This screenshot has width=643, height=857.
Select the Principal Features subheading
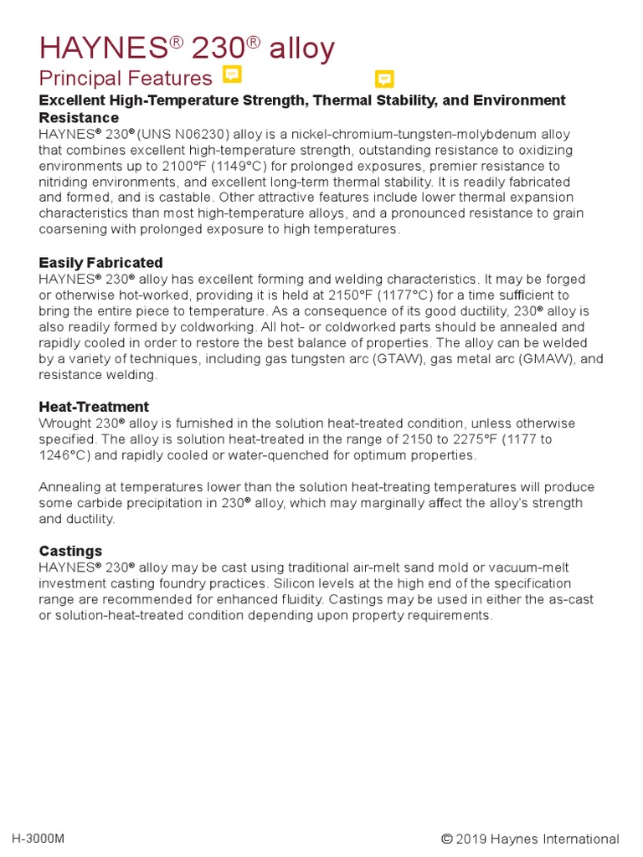point(126,79)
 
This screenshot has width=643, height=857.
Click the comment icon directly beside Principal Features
point(232,74)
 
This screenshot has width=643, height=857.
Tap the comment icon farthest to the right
point(384,79)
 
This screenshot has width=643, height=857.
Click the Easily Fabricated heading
point(100,263)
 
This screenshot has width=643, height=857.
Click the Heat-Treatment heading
point(94,407)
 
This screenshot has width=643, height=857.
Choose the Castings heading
point(70,551)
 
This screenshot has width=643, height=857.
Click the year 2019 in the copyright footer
point(475,839)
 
